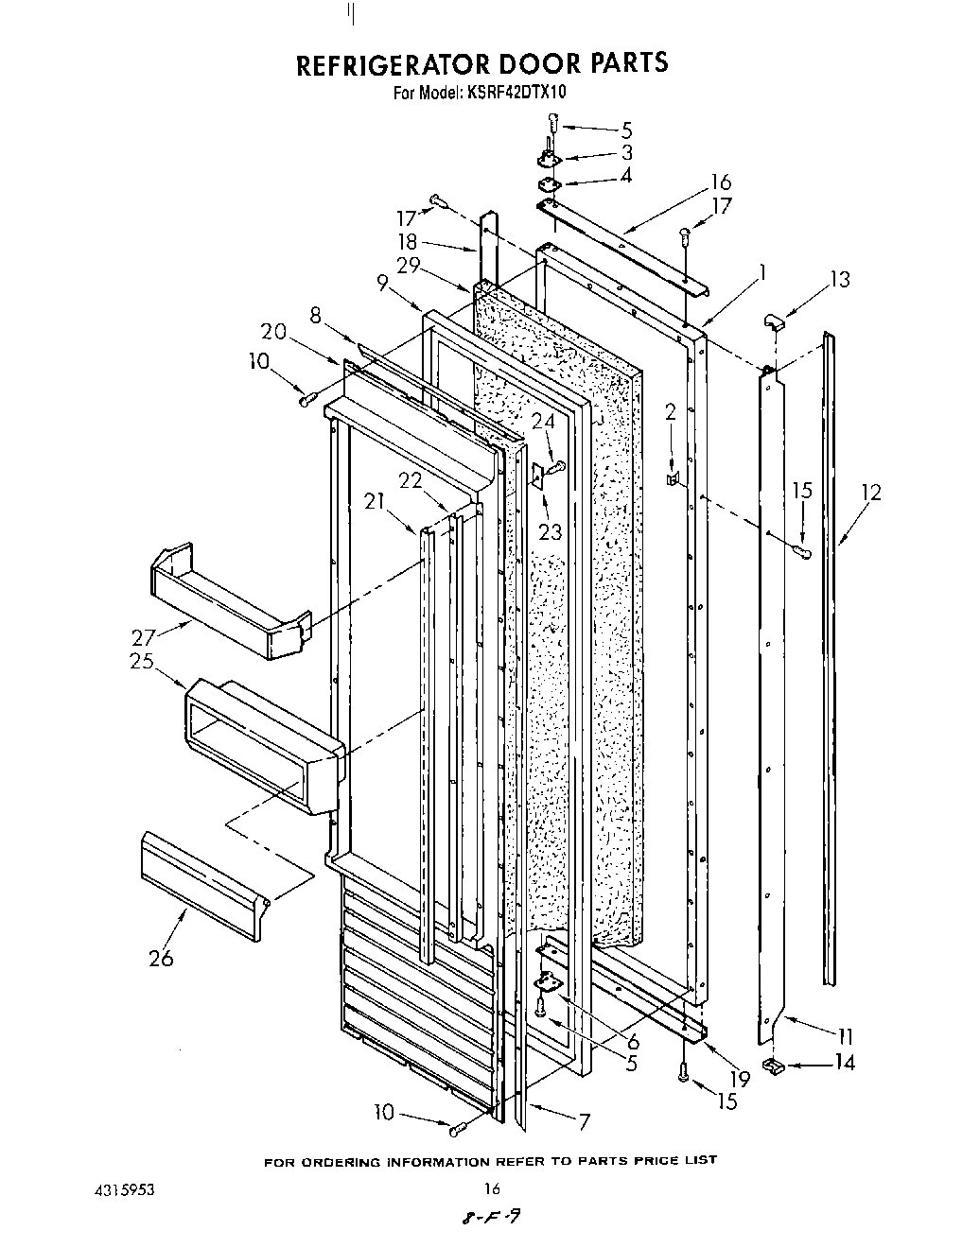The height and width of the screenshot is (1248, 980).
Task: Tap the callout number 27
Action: click(x=143, y=636)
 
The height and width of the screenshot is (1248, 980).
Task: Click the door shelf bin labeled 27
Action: click(x=227, y=605)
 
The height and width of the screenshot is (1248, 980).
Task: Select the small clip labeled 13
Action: click(x=773, y=322)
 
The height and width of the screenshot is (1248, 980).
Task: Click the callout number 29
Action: click(x=409, y=266)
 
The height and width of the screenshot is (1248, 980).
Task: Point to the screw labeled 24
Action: click(x=557, y=465)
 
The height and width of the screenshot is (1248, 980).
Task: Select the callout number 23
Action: click(x=551, y=531)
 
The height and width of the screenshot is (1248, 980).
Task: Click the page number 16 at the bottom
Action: click(x=491, y=1188)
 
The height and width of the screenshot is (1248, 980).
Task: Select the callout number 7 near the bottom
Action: click(x=584, y=1121)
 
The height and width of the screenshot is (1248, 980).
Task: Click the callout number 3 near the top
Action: click(x=626, y=152)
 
